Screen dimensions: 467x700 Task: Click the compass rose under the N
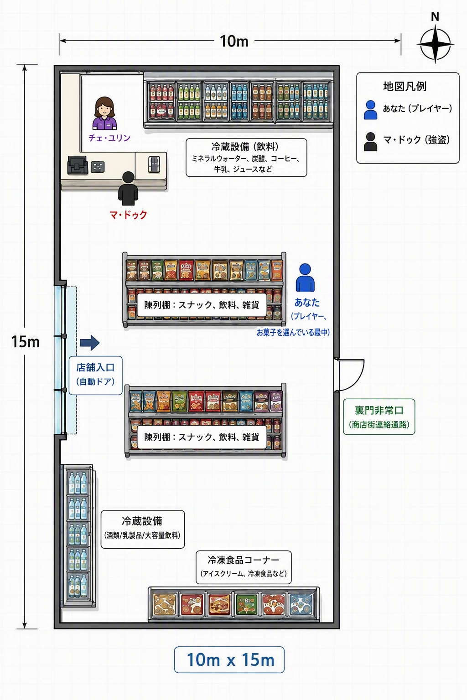click(435, 44)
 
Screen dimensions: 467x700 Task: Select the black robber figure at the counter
click(128, 188)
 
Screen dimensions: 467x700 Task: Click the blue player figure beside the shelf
click(305, 278)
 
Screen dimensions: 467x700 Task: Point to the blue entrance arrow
click(90, 343)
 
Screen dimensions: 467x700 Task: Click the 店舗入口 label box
click(95, 376)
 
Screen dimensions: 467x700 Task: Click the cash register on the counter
click(77, 165)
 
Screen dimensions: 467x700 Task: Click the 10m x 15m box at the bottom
click(229, 660)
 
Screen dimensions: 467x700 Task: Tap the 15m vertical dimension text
click(26, 341)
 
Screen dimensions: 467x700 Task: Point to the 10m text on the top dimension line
click(234, 41)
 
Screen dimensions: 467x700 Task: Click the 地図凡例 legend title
click(405, 86)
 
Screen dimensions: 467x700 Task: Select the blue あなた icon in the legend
click(370, 110)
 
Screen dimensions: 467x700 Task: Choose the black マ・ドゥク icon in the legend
click(370, 142)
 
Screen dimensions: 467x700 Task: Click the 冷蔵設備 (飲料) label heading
click(245, 147)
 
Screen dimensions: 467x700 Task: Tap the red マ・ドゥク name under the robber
click(128, 215)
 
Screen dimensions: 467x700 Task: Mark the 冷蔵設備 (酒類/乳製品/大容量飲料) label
click(143, 529)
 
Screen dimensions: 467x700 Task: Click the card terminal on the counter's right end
click(154, 165)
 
